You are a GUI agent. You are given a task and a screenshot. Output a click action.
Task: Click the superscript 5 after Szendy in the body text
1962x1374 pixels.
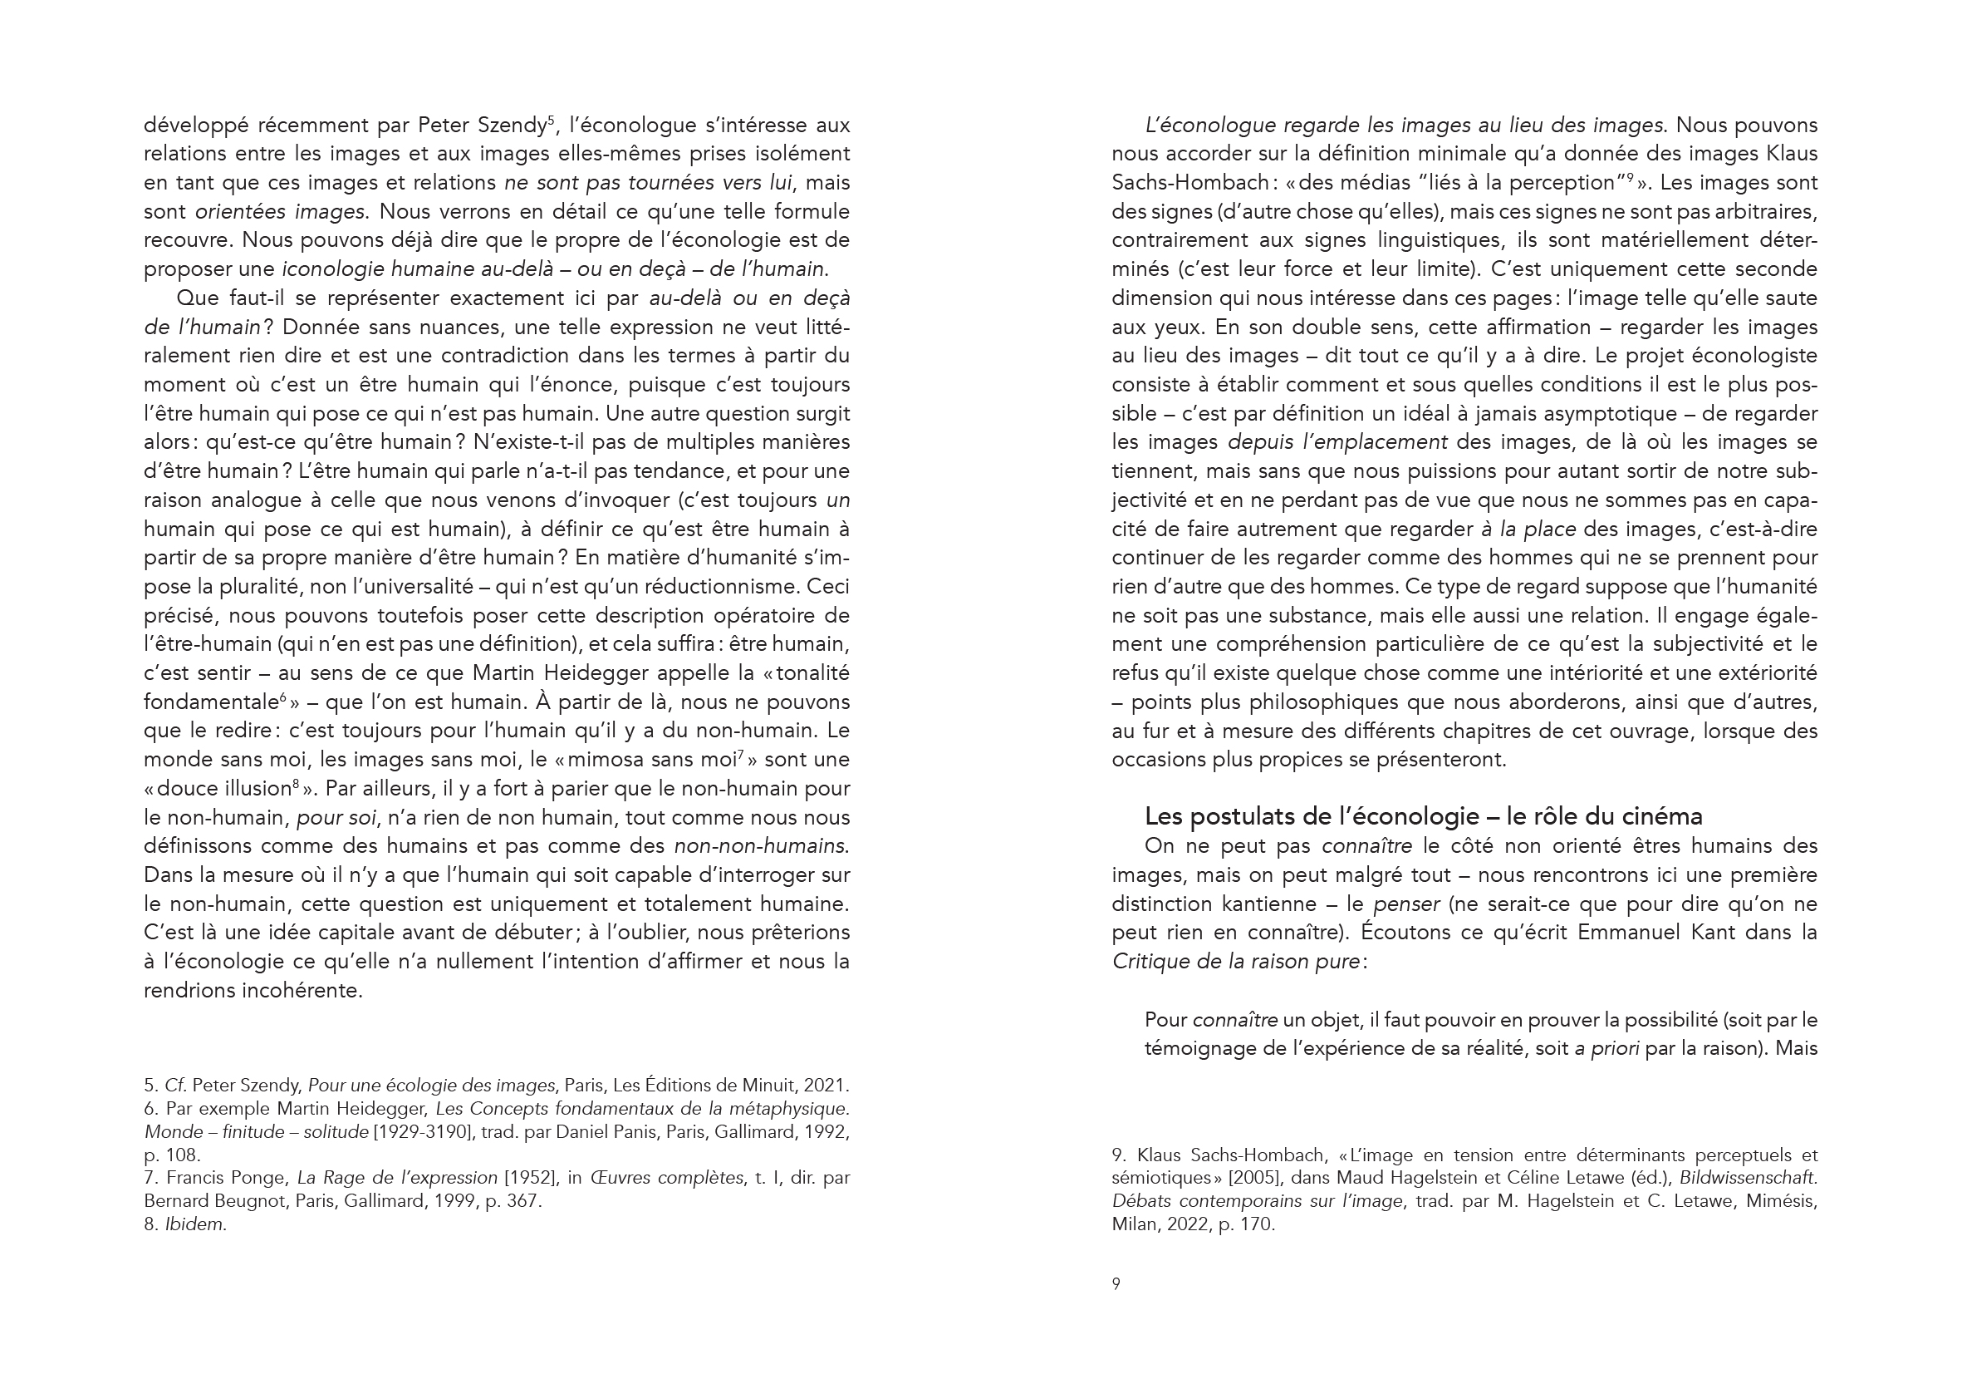[552, 120]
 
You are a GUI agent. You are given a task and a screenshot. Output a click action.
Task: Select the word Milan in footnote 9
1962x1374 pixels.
[1133, 1224]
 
